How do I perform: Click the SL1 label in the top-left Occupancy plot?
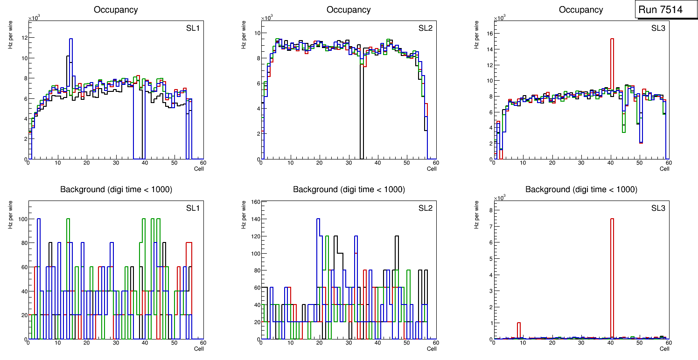coord(193,28)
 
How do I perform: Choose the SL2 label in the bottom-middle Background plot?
coord(425,208)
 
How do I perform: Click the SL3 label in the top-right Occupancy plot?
coord(658,28)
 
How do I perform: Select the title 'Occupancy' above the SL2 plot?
coord(349,10)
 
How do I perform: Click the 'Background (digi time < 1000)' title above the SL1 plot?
coord(116,189)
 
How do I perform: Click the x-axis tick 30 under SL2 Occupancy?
coord(348,163)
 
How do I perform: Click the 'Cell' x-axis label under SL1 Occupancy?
coord(199,168)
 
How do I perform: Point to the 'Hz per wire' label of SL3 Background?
coord(476,215)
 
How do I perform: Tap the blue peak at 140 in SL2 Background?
coord(318,219)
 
